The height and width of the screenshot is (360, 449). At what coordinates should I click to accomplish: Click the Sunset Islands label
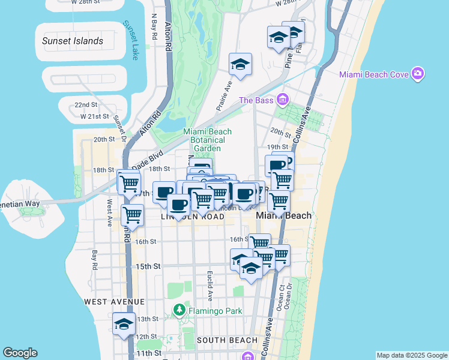point(73,41)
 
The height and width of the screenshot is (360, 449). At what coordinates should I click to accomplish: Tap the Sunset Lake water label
point(130,40)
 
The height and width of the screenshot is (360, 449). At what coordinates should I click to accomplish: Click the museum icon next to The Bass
point(283,100)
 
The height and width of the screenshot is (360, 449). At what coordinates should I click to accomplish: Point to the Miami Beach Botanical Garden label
point(207,140)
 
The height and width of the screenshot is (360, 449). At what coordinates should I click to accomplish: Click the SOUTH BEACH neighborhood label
point(227,340)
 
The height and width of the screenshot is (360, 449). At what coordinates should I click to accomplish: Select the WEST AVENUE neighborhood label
point(114,301)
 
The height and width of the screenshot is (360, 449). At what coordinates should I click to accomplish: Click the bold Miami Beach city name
point(284,215)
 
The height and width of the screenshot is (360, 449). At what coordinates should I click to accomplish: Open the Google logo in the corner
point(20,353)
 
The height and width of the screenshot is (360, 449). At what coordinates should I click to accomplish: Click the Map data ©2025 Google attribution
point(411,355)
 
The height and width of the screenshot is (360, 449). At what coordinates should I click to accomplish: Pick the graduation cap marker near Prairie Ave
point(240,65)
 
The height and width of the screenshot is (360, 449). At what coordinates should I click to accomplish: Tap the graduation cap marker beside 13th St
point(124,323)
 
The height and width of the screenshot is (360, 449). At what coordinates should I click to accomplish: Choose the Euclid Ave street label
point(210,286)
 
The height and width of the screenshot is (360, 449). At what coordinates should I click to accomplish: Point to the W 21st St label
point(94,116)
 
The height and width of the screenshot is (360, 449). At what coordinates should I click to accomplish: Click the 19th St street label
point(278,147)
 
